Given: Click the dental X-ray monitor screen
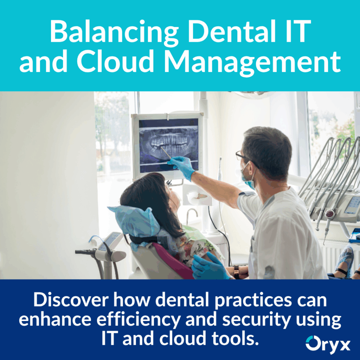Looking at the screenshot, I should pos(168,144).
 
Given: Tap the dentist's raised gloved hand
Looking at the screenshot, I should pos(181,166).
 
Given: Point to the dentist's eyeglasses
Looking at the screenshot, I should pos(243,156).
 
